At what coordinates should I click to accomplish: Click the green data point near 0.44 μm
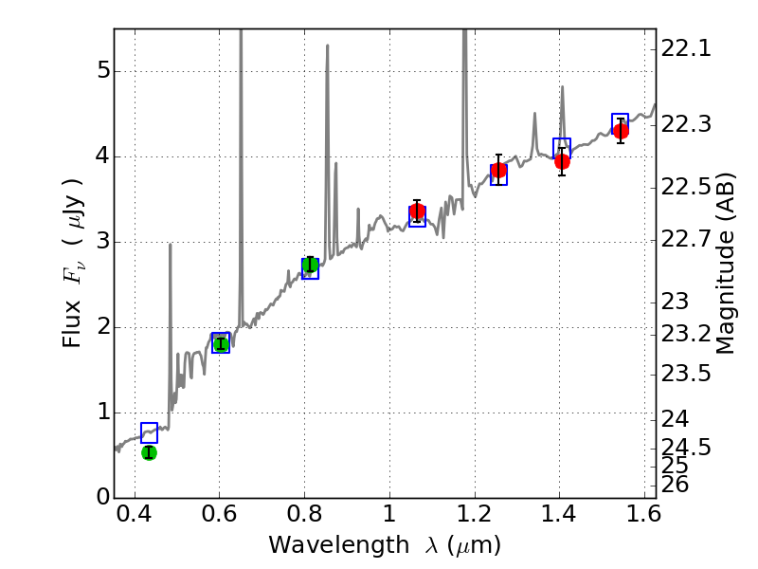click(149, 452)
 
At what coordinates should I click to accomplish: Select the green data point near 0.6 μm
click(221, 343)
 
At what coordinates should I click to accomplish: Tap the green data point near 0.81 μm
click(310, 264)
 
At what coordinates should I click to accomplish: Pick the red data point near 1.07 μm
click(417, 211)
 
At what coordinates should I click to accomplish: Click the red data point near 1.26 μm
click(498, 170)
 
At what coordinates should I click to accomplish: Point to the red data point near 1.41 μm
click(562, 161)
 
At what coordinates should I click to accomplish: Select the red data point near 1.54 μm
click(621, 131)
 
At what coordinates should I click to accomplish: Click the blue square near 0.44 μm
click(149, 432)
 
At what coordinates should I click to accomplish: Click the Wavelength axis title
click(384, 545)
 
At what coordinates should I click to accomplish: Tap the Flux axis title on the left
click(74, 264)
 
